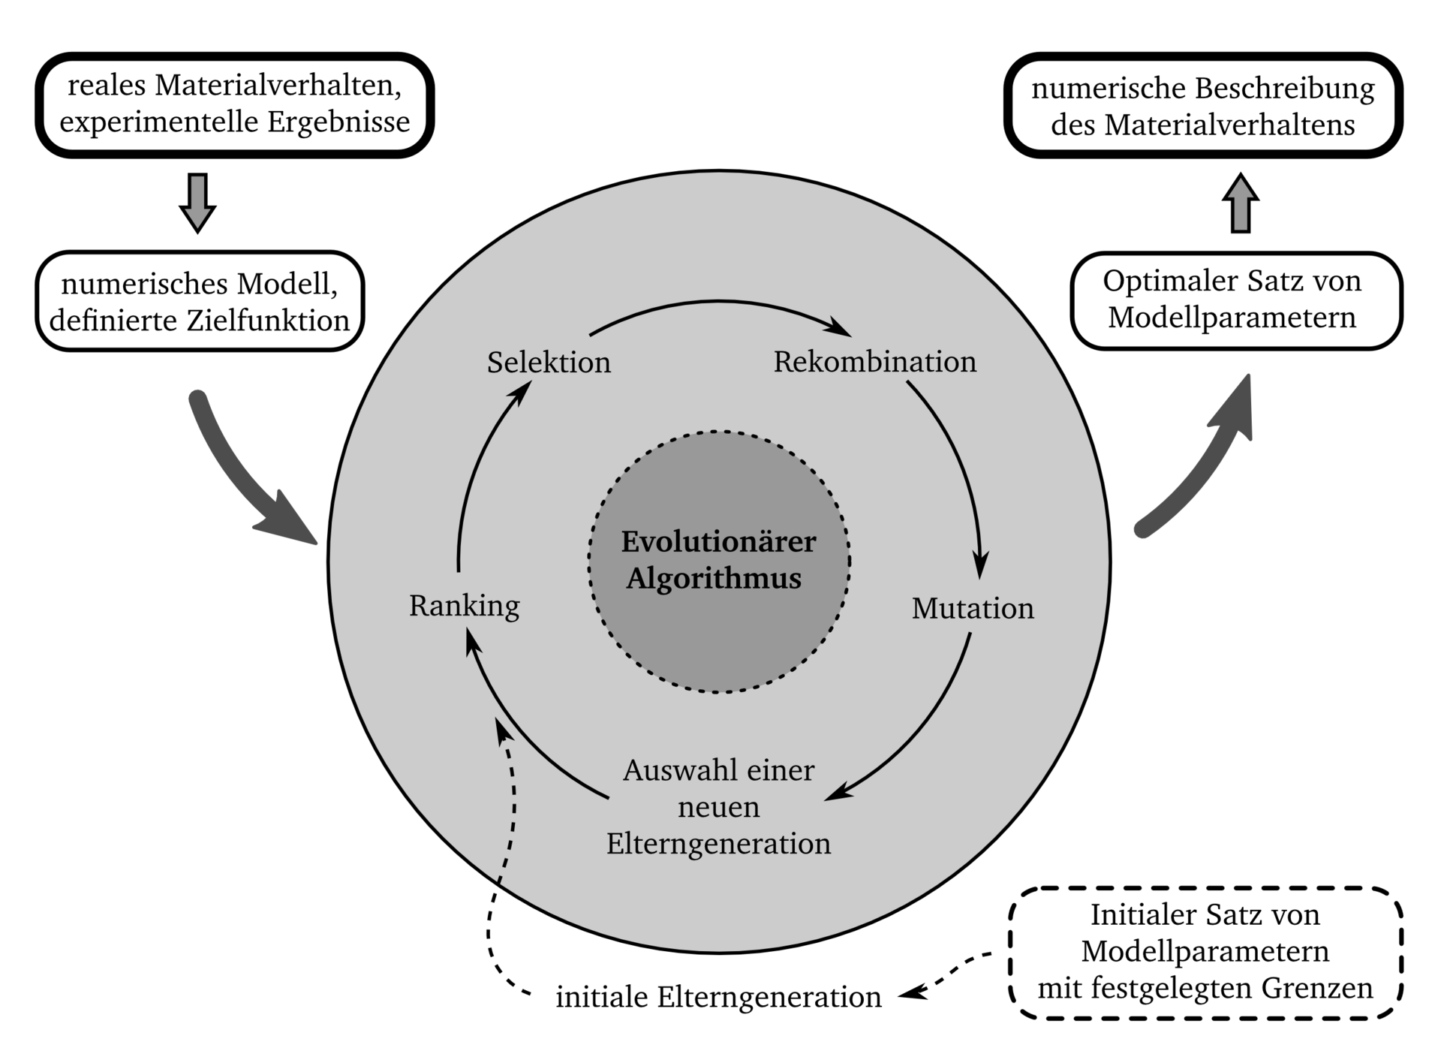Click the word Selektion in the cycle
point(549,363)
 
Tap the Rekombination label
point(875,362)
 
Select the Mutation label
point(973,608)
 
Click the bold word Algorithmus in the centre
point(714,579)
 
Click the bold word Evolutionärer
point(718,541)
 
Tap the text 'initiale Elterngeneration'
point(718,998)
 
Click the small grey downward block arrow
point(198,203)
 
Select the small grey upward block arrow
point(1240,203)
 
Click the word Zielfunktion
point(268,321)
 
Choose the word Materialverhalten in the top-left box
point(278,86)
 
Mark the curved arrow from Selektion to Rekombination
point(719,302)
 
